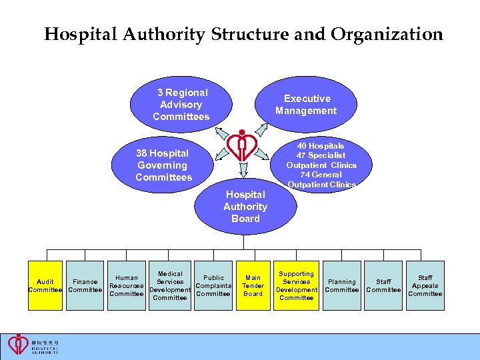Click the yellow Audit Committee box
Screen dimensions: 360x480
[45, 285]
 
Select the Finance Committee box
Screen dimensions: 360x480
[85, 285]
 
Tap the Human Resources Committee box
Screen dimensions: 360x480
[127, 285]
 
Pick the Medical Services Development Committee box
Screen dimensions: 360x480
[170, 285]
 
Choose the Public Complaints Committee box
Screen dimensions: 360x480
[213, 285]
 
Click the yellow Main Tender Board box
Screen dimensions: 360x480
[253, 285]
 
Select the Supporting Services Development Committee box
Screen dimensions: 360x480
[296, 285]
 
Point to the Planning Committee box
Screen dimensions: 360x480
[341, 285]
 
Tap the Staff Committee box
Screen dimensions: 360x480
[383, 285]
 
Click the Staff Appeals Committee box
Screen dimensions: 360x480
[425, 285]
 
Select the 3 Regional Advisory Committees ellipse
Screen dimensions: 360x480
[181, 105]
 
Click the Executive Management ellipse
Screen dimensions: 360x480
[306, 105]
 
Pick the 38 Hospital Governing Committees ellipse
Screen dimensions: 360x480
[163, 165]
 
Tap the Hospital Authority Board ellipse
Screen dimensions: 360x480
[245, 206]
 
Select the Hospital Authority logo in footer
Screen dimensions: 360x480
[33, 345]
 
